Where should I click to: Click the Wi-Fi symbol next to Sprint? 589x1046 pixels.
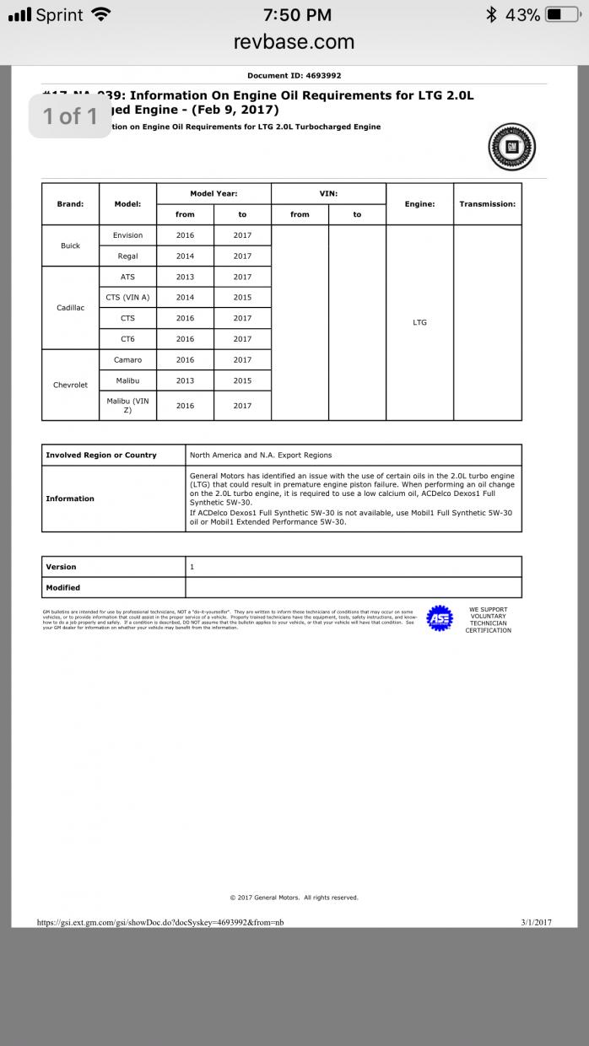point(101,14)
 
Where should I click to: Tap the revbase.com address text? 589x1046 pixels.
point(294,41)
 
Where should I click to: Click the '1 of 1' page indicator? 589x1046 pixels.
point(70,116)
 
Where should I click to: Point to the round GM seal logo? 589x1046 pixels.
point(512,148)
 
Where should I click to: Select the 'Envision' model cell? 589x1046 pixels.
point(127,235)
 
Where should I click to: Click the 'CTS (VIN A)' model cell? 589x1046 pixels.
point(127,298)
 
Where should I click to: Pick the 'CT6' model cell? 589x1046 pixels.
point(127,339)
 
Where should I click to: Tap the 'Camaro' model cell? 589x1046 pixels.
point(127,360)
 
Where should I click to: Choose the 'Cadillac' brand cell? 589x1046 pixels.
point(70,308)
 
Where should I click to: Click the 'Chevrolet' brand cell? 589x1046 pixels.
point(70,385)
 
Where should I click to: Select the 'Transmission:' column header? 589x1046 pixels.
point(487,204)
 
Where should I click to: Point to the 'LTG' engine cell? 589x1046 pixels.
point(419,322)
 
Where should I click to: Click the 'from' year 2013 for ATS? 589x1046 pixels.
point(185,277)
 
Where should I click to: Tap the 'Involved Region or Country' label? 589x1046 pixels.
point(101,455)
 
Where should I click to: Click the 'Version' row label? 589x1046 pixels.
point(61,567)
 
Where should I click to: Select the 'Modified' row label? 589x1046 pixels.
point(63,587)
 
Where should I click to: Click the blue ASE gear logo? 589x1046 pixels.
point(439,618)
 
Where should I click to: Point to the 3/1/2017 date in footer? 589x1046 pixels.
point(536,922)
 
